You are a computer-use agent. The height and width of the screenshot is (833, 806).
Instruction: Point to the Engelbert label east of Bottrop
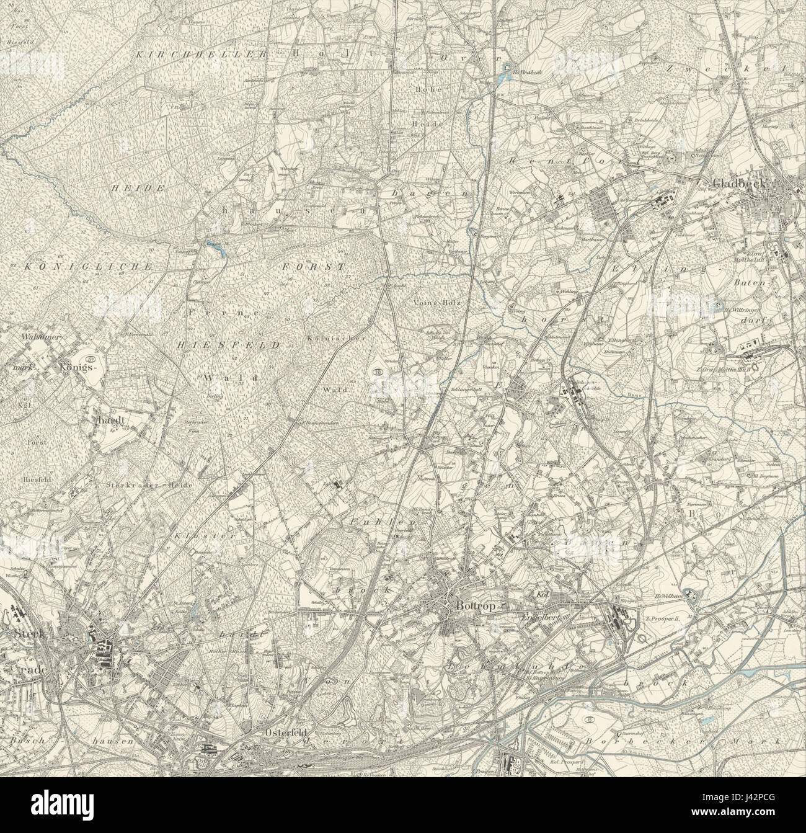[x=543, y=619]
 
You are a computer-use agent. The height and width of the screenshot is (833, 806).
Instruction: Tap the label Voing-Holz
[x=429, y=303]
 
